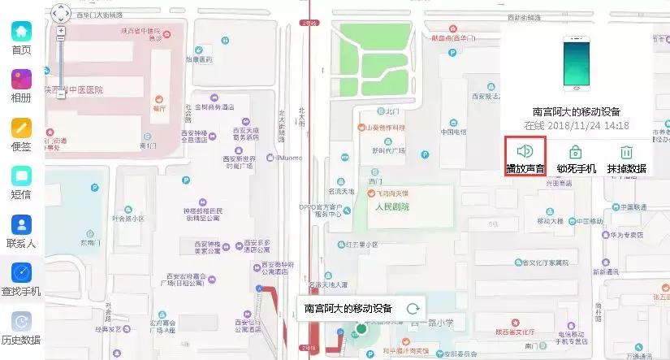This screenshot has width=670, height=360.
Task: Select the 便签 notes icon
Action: click(x=21, y=128)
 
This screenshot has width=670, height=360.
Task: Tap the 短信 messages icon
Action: click(x=21, y=176)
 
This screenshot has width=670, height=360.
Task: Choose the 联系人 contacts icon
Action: click(x=21, y=224)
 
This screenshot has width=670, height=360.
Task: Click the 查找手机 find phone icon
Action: click(x=21, y=272)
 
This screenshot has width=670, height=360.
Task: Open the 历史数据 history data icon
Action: click(x=21, y=321)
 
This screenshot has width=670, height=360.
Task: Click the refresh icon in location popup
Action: click(x=413, y=308)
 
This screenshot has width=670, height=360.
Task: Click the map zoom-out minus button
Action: click(x=60, y=94)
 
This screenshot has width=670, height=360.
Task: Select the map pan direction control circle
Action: click(x=60, y=13)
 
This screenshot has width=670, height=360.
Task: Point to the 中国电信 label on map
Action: click(x=452, y=131)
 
